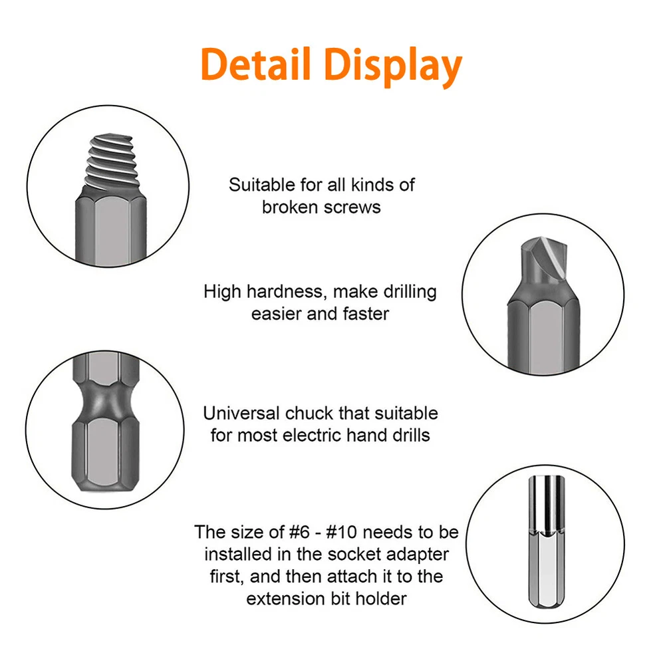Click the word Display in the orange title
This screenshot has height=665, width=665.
pyautogui.click(x=393, y=67)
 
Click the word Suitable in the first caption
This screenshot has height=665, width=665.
pyautogui.click(x=261, y=185)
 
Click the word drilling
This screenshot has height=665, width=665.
pyautogui.click(x=409, y=292)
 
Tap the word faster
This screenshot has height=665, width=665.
pyautogui.click(x=366, y=315)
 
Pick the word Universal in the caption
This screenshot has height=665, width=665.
pyautogui.click(x=241, y=414)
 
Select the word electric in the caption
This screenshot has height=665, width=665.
pyautogui.click(x=313, y=436)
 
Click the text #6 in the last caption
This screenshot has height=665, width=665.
pyautogui.click(x=299, y=532)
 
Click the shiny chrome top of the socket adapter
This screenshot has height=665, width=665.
pyautogui.click(x=547, y=503)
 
